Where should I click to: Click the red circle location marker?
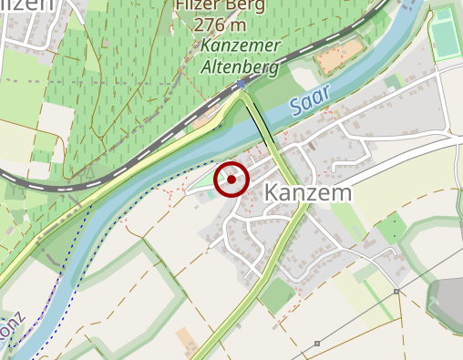tap(231, 180)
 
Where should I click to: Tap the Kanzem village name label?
tap(308, 193)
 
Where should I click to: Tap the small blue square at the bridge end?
tap(241, 84)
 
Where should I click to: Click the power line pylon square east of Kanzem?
tap(396, 292)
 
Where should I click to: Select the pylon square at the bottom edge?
tap(316, 344)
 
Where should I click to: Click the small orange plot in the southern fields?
tap(186, 341)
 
